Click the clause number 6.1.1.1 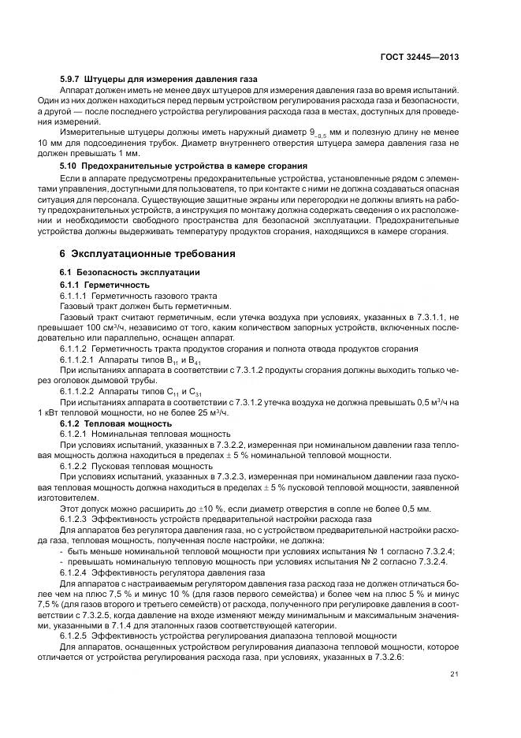coord(73,295)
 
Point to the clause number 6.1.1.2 coord(73,348)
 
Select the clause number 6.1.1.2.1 coord(78,360)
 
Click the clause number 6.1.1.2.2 coord(78,391)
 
